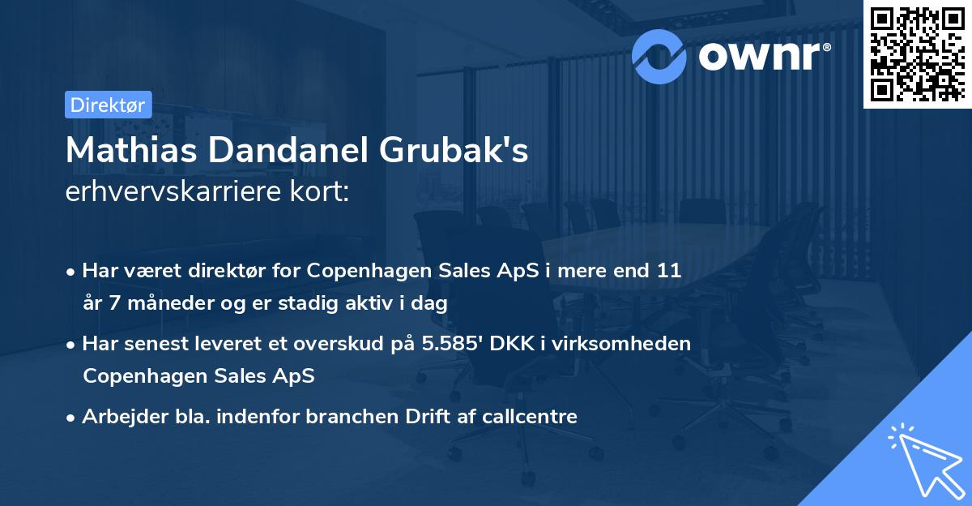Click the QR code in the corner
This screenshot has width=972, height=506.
coord(917,54)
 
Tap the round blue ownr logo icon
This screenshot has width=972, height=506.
coord(659,55)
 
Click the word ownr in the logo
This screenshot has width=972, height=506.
coord(762,55)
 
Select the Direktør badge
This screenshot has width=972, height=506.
coord(109,105)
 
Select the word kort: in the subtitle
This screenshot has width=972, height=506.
coord(323,193)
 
